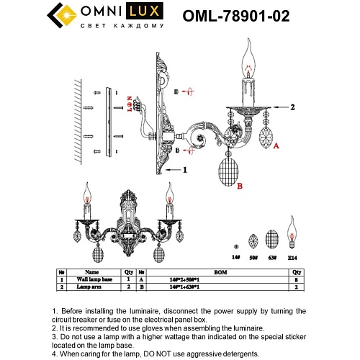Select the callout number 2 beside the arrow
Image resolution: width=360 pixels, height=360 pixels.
coord(293,107)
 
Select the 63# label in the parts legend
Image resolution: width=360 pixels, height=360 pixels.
coord(272,257)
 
